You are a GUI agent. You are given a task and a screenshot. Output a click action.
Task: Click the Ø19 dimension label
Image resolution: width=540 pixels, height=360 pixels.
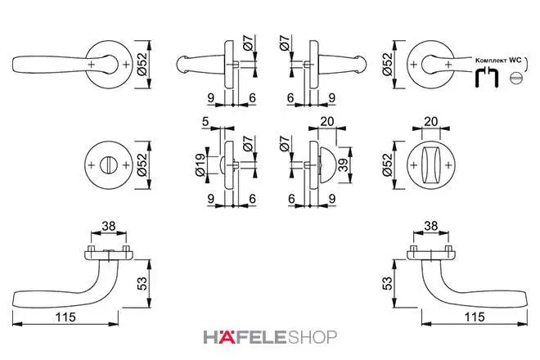tap(200, 165)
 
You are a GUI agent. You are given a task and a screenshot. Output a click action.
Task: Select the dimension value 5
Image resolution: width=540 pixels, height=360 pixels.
tap(205, 122)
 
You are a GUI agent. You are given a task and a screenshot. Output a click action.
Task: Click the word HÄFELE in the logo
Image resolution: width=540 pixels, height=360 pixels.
tap(245, 337)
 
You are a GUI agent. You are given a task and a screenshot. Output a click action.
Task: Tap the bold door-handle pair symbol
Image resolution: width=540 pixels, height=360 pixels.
tap(487, 78)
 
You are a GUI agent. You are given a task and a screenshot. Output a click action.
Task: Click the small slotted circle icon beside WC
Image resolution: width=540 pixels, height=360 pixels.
tap(516, 78)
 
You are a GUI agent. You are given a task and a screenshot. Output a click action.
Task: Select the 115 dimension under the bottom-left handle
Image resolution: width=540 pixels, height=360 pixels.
tap(65, 317)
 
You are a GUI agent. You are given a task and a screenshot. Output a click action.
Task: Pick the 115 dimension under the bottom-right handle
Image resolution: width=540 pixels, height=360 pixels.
tap(475, 317)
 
